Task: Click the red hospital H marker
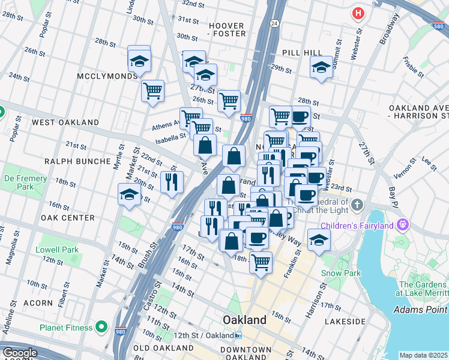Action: (358, 13)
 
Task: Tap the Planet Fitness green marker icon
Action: (101, 328)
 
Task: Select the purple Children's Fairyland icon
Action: (402, 226)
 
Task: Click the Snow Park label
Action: (340, 273)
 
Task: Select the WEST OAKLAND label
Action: (65, 122)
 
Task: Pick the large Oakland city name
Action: (244, 320)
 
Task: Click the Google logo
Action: (20, 353)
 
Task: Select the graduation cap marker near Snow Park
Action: (319, 240)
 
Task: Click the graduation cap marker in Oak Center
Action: (130, 196)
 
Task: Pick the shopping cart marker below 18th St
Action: (261, 262)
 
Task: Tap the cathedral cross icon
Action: (357, 205)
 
